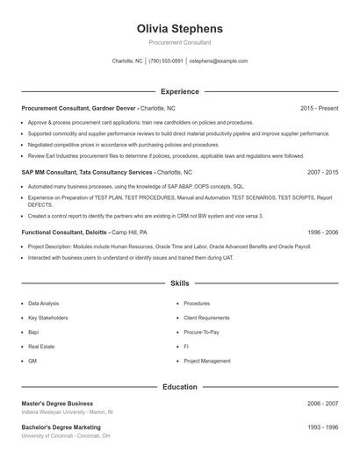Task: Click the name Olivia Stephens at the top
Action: click(180, 28)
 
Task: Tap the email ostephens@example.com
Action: click(219, 61)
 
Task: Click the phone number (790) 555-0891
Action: click(166, 61)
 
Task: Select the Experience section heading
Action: click(180, 91)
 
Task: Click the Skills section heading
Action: click(180, 283)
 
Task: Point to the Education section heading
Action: click(180, 386)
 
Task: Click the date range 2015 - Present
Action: click(319, 108)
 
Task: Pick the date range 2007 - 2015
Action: click(322, 173)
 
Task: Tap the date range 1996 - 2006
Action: click(322, 232)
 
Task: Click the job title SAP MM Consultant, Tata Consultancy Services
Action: click(88, 173)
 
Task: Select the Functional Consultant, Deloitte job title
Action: click(65, 232)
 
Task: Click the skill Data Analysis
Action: click(44, 304)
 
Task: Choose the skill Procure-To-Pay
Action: click(201, 333)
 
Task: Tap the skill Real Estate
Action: click(41, 347)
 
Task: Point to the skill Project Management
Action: click(207, 361)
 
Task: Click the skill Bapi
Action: click(33, 333)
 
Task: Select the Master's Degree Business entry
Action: click(57, 404)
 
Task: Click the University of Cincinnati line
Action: click(66, 436)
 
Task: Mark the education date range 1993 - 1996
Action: click(322, 427)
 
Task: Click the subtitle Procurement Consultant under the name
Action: click(180, 42)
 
